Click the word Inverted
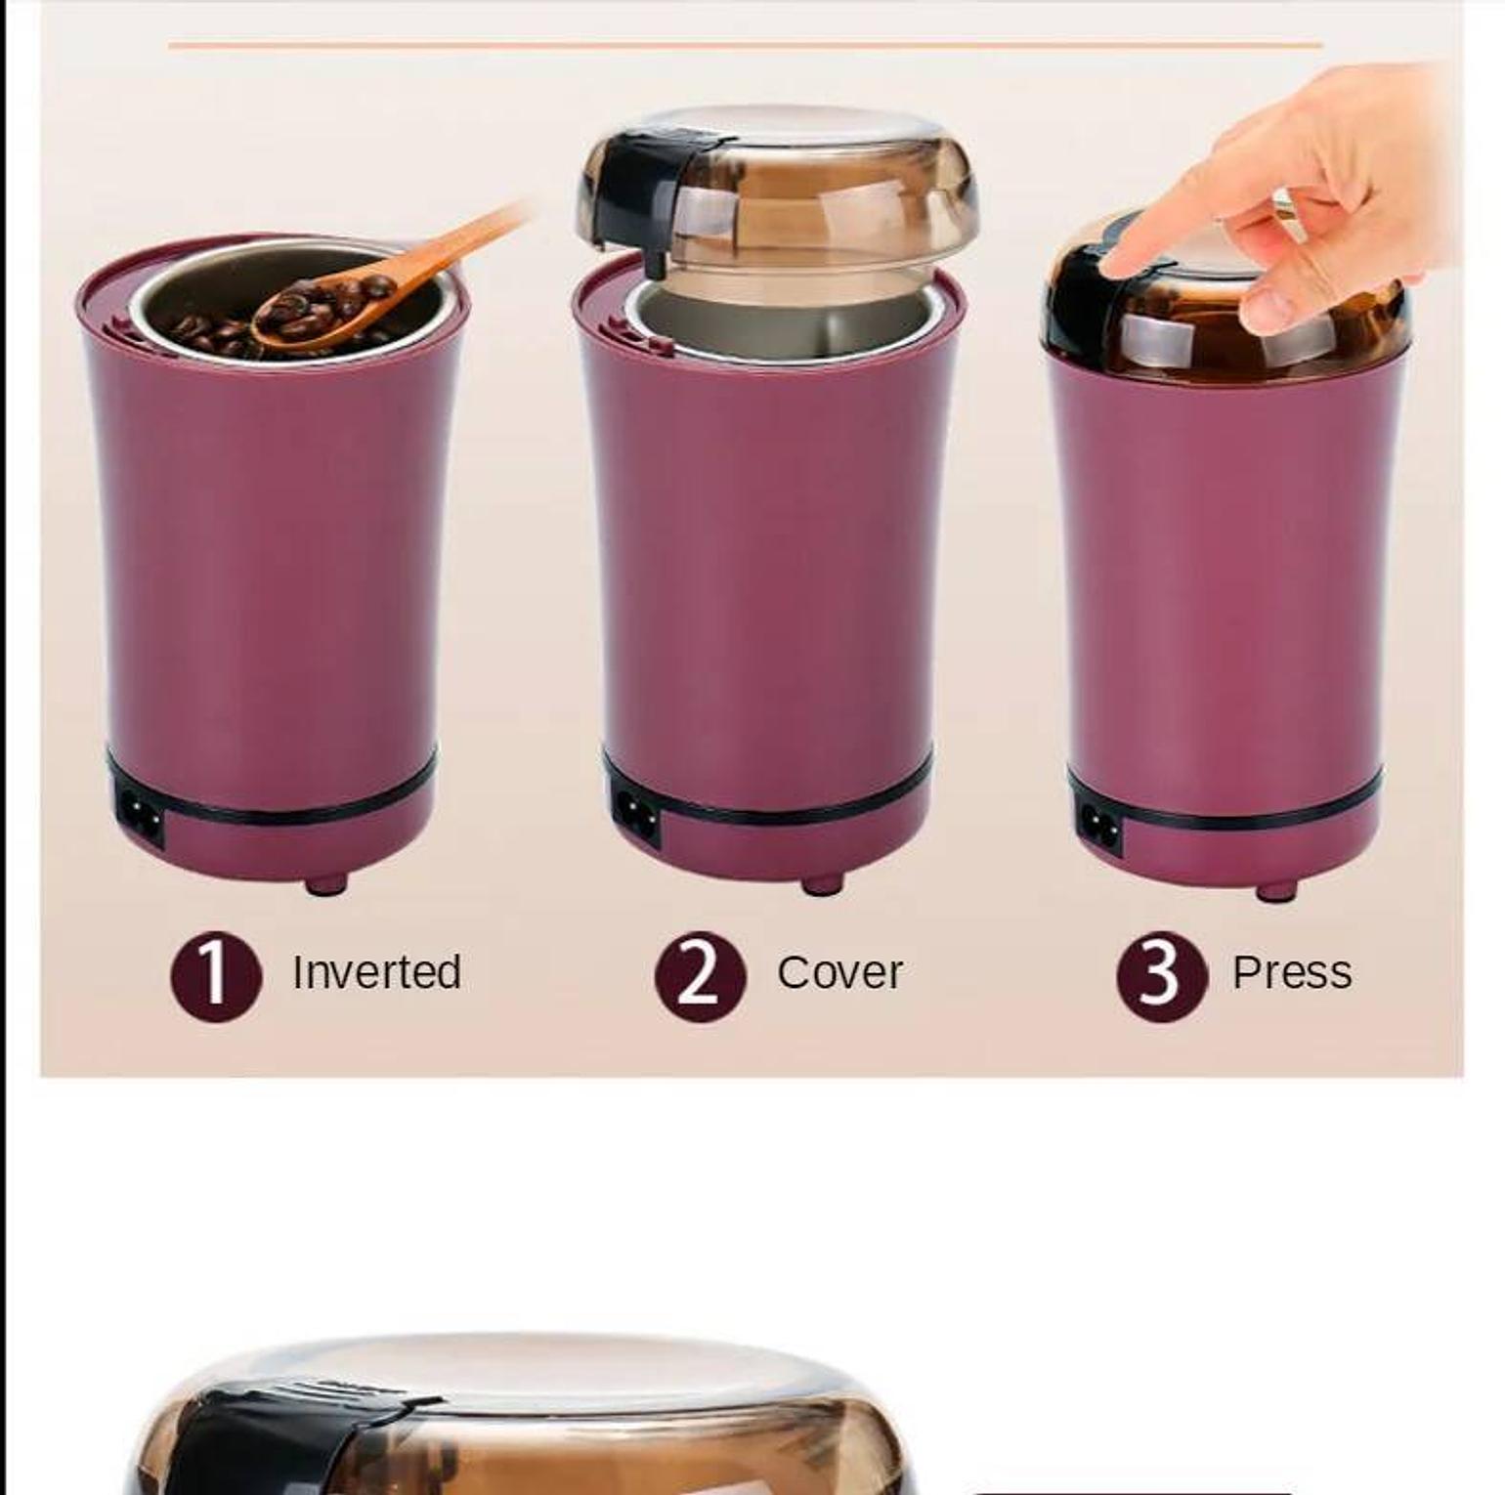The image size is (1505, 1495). click(x=376, y=972)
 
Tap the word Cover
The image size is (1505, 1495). click(x=839, y=972)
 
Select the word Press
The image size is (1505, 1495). click(x=1292, y=972)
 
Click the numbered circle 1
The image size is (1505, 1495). click(x=216, y=976)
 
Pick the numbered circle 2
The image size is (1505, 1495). click(x=700, y=976)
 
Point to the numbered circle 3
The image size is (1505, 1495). click(x=1162, y=976)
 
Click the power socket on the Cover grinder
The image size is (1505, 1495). click(x=637, y=814)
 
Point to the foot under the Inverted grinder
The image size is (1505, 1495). click(x=326, y=885)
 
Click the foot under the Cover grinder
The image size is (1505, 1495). click(x=823, y=884)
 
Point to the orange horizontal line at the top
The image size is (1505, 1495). click(x=745, y=44)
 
